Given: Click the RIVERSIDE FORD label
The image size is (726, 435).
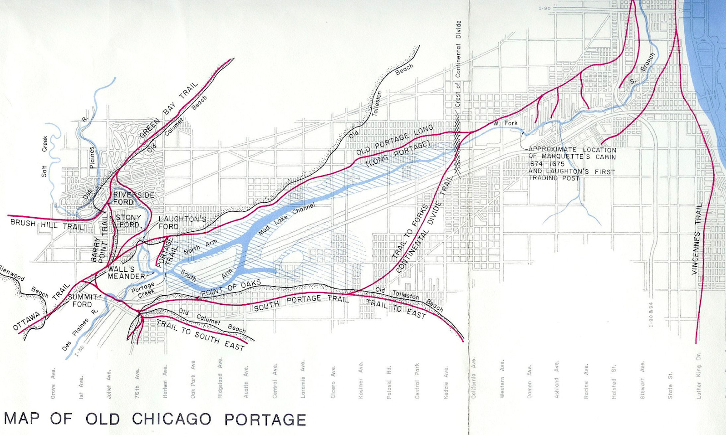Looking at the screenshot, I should [133, 198].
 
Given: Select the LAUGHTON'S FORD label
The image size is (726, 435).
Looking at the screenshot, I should [182, 222].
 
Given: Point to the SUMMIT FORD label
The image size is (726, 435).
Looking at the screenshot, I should [83, 300].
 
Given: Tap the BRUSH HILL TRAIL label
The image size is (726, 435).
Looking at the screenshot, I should [47, 225].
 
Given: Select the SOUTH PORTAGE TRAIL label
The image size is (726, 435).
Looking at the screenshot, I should [301, 302].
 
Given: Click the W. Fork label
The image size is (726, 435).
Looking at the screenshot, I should [505, 123].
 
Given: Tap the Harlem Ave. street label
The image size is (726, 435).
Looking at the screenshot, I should [165, 381].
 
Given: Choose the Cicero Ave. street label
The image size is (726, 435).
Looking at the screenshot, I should [333, 382].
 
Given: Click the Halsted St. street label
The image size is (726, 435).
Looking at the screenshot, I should [613, 381].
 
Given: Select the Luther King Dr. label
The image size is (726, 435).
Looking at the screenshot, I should [699, 376].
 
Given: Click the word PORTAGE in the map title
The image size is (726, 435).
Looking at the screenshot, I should [265, 419].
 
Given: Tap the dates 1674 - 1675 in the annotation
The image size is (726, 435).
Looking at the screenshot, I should [546, 164].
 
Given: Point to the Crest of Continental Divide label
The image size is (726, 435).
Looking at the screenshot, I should [458, 64].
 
